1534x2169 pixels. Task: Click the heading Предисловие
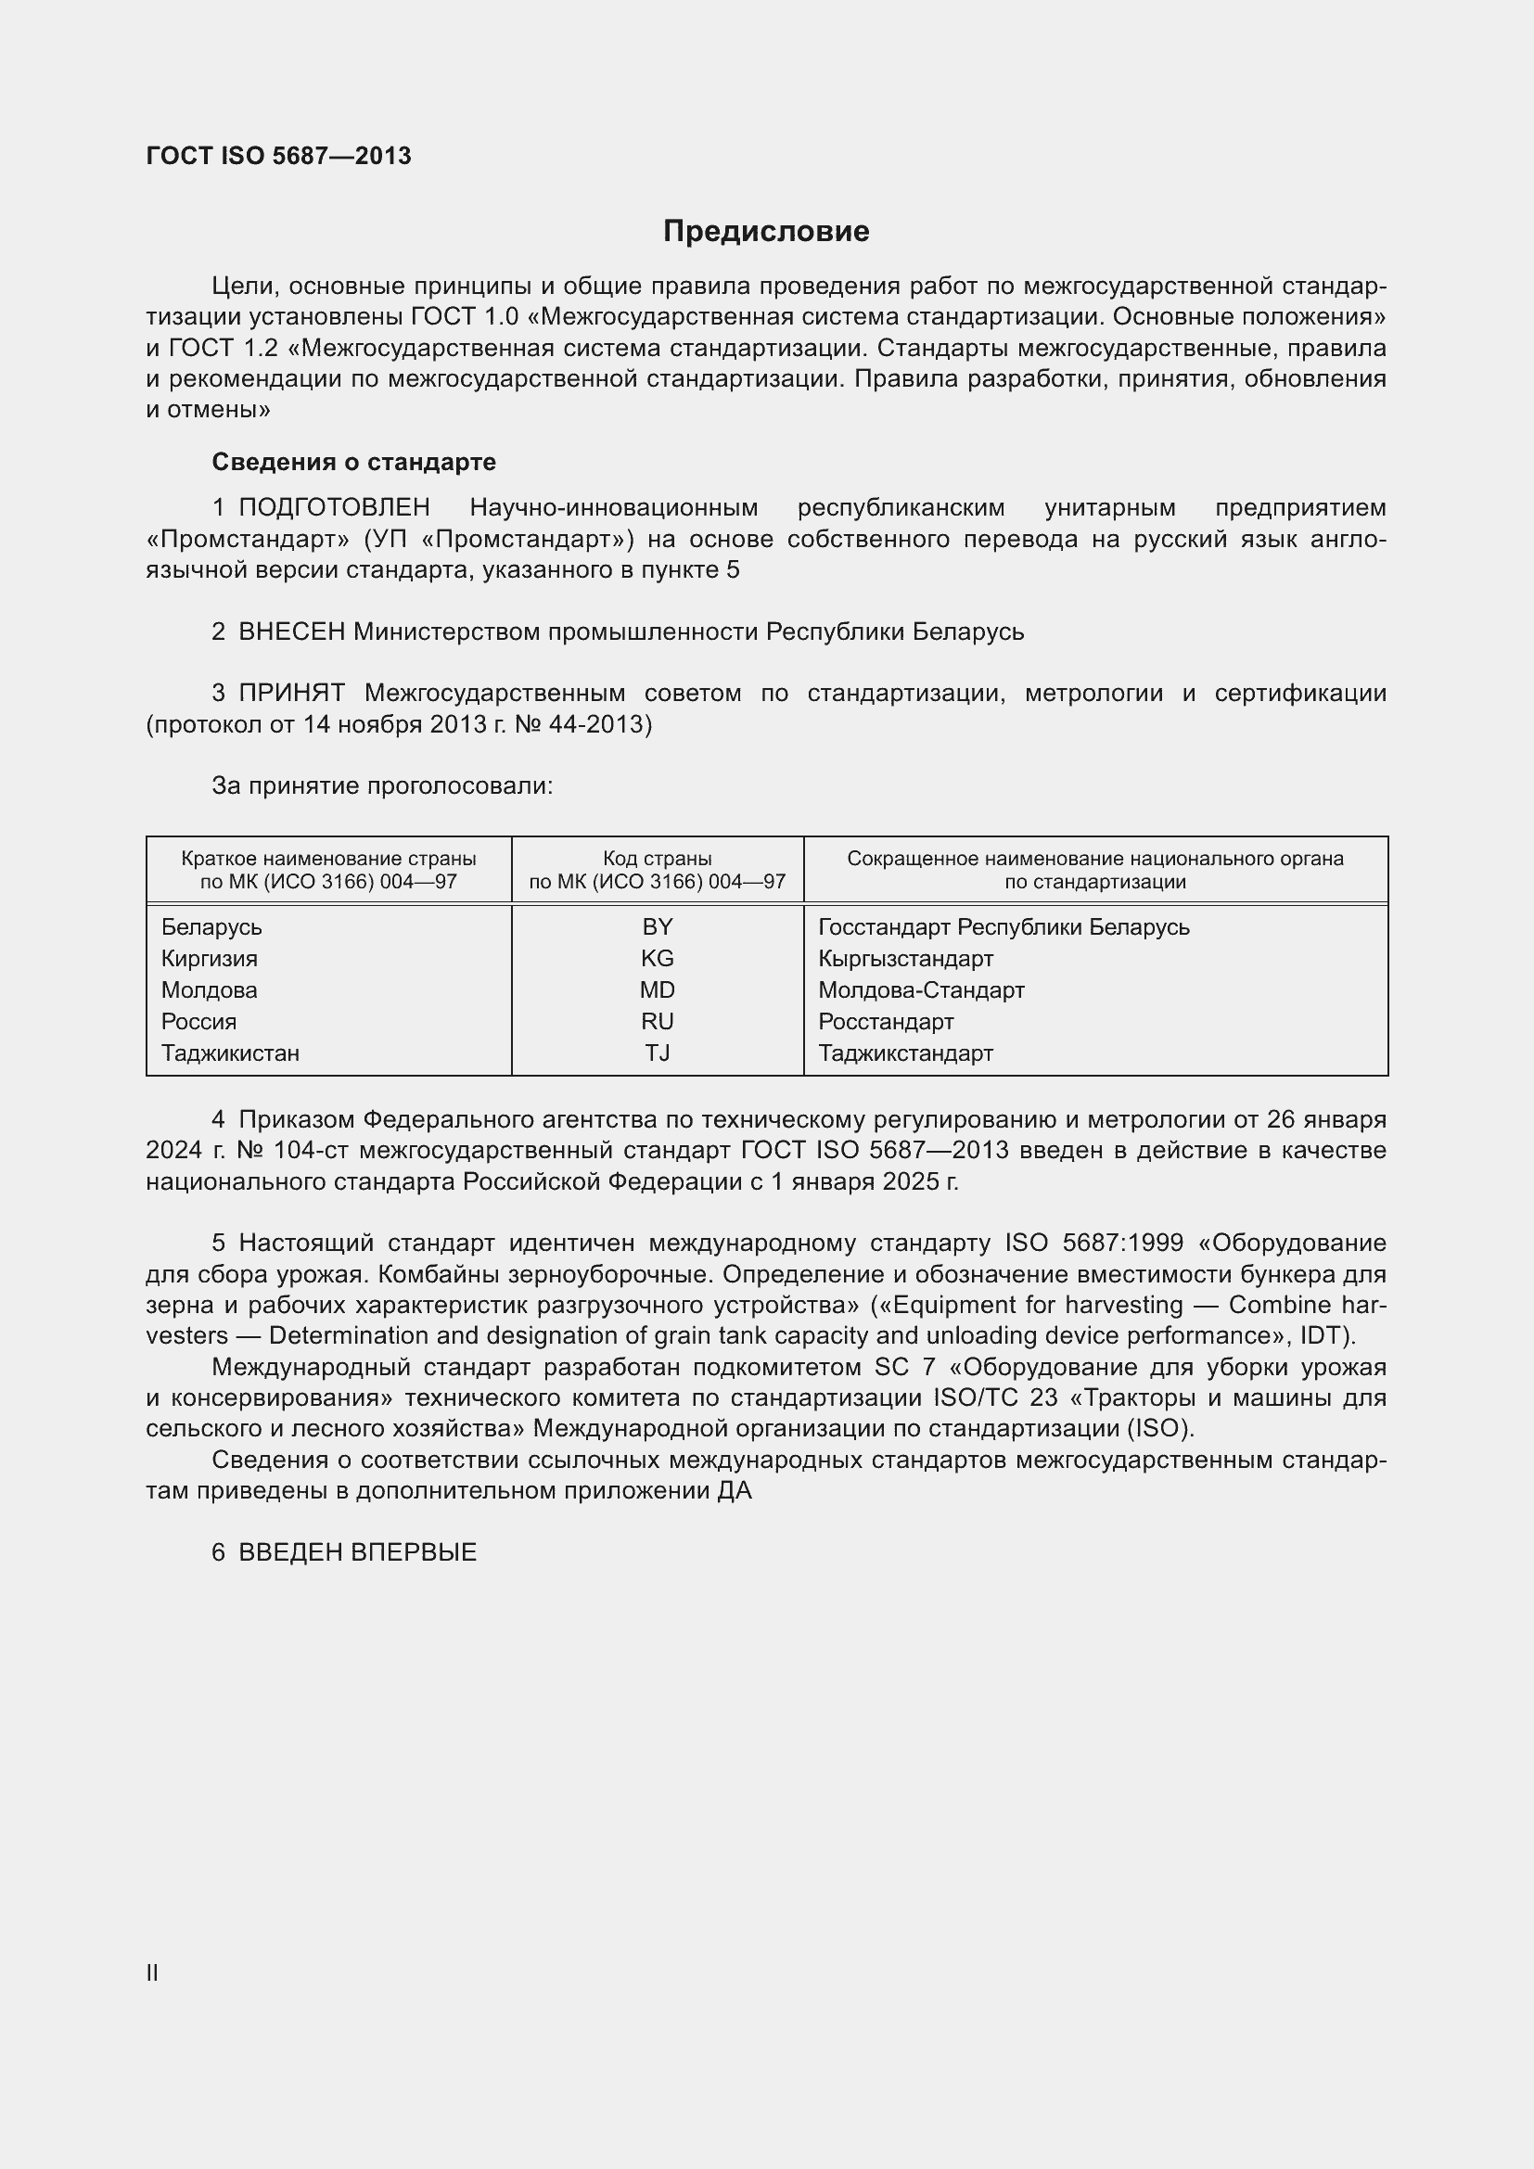[x=766, y=232]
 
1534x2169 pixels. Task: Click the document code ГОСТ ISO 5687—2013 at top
[x=278, y=156]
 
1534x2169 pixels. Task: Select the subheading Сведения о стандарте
[x=353, y=462]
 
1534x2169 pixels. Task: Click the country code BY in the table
[x=658, y=926]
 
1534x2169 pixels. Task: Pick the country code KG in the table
[x=658, y=958]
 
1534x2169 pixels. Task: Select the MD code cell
[x=658, y=990]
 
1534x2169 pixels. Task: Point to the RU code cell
[x=658, y=1021]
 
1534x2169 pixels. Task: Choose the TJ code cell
[x=658, y=1053]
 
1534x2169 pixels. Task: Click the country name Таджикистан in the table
[x=231, y=1053]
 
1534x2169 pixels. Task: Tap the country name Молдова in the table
[x=209, y=990]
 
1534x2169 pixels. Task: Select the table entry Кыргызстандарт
[x=906, y=958]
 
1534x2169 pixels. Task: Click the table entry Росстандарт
[x=886, y=1021]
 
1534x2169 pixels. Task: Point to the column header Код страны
[x=658, y=859]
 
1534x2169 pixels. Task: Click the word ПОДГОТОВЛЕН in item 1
[x=335, y=508]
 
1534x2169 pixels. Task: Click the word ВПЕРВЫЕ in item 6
[x=414, y=1552]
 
